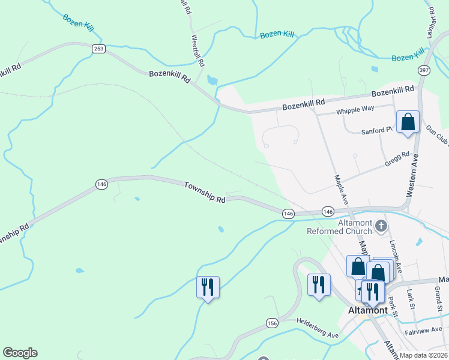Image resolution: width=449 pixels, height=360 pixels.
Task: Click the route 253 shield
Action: click(x=99, y=47)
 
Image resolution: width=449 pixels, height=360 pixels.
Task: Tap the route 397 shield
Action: click(x=424, y=70)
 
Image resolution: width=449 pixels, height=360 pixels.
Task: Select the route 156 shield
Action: click(x=272, y=323)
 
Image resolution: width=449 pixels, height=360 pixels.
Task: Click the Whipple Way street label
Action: click(x=355, y=109)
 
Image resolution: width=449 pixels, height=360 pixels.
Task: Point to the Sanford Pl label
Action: click(x=376, y=131)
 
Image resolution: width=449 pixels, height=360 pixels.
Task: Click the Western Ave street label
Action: click(x=411, y=175)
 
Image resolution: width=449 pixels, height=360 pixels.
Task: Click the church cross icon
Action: click(x=381, y=226)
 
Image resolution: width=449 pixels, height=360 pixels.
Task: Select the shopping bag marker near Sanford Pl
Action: click(x=408, y=122)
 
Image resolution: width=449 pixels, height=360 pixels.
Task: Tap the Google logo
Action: click(x=20, y=353)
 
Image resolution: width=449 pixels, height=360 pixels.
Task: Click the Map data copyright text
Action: click(x=424, y=355)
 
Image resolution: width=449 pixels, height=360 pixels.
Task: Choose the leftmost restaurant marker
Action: click(x=208, y=287)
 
